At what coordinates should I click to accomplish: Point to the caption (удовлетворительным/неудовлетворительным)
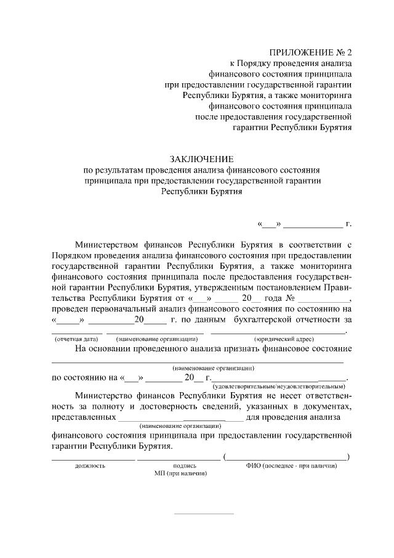(x=278, y=386)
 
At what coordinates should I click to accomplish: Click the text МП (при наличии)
(x=180, y=474)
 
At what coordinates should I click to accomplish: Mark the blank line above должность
(x=92, y=459)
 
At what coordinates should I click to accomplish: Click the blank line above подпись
(x=179, y=459)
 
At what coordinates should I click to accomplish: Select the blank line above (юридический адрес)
(x=278, y=332)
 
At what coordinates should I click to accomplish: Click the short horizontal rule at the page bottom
(x=204, y=513)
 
